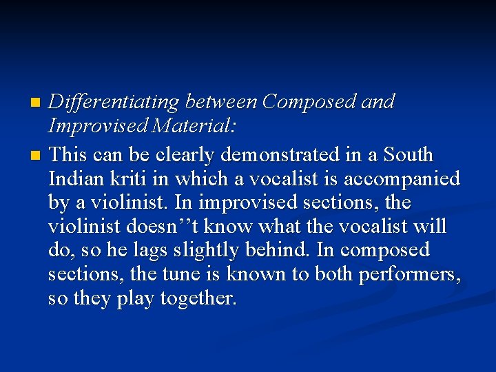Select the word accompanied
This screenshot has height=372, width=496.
[407, 178]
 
